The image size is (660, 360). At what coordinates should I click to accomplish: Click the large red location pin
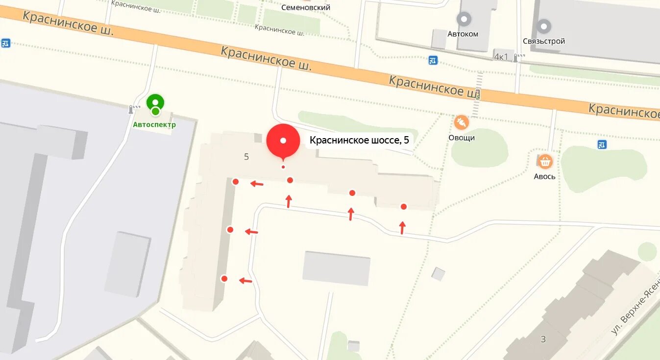283,141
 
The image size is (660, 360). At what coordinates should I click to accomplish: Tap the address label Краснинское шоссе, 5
359,141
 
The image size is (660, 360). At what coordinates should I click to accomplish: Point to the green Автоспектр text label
154,125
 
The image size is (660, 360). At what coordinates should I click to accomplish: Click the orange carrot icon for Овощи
461,122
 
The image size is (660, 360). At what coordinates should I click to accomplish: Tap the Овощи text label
462,138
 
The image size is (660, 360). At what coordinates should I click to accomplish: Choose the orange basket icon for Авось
545,161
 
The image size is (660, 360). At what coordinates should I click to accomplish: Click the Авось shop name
545,176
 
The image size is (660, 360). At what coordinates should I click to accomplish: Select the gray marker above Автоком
464,20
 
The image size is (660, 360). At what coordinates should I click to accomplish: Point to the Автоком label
463,34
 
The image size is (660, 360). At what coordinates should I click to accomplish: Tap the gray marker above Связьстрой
544,26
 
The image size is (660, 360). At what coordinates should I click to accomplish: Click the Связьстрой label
544,41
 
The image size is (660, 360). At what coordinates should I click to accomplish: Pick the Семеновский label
306,7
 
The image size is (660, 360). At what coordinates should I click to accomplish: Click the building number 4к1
501,57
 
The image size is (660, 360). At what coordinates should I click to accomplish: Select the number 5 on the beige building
246,157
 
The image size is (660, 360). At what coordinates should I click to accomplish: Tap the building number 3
543,339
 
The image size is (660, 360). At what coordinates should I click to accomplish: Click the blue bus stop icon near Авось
602,144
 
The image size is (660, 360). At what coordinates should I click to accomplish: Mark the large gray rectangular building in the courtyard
336,268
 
